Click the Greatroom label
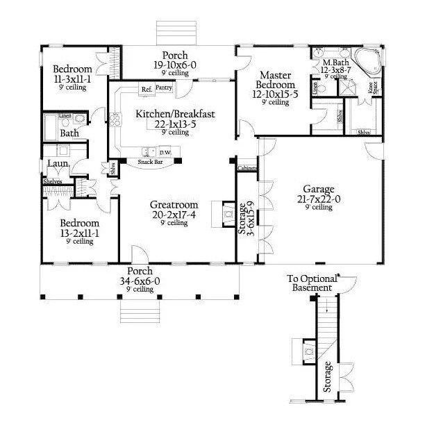[174, 205]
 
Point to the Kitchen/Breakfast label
[165, 114]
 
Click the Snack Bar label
[151, 161]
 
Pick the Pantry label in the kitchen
[164, 88]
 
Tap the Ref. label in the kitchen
[146, 90]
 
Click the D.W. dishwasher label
[165, 151]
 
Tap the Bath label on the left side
[69, 132]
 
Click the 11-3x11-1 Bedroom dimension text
[73, 79]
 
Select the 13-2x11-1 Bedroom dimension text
[79, 233]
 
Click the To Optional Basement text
[312, 283]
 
